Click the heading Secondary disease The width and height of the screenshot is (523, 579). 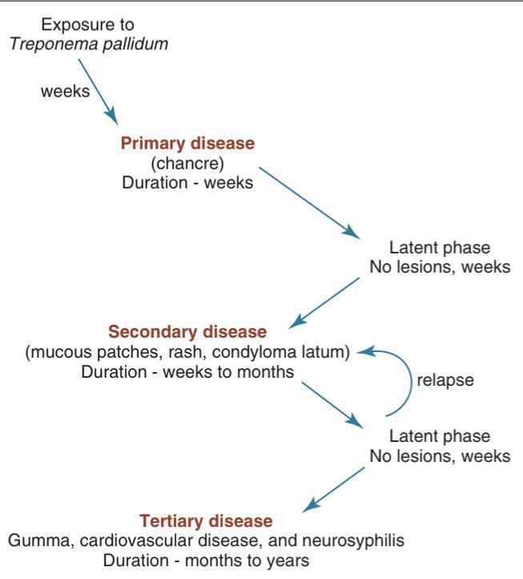[187, 331]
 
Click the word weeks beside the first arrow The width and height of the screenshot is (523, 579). [65, 91]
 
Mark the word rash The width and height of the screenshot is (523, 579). [239, 351]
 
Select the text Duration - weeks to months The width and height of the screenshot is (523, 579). [187, 371]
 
